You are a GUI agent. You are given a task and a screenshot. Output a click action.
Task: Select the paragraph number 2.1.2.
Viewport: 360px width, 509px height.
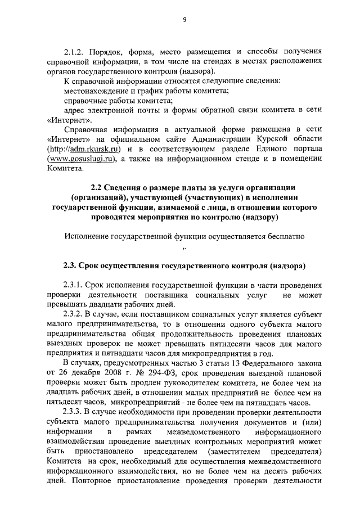[x=74, y=51]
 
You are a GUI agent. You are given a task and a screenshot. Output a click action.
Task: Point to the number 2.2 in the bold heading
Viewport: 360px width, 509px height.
[x=98, y=187]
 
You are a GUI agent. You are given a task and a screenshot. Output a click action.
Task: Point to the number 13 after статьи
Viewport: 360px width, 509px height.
[x=219, y=363]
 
